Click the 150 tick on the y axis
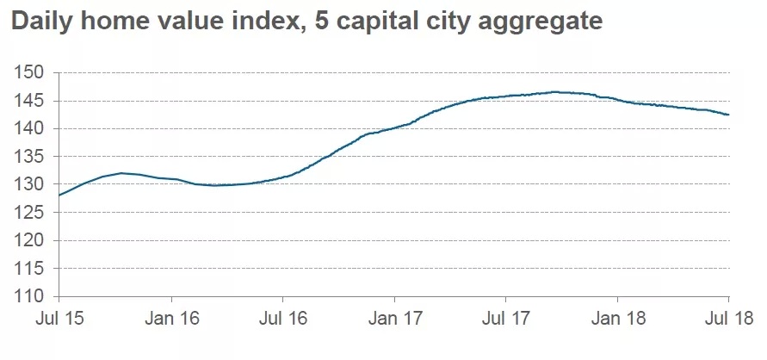coord(29,73)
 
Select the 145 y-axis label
coord(29,101)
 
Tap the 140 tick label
coord(29,129)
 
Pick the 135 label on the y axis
coord(29,157)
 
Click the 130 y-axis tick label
coord(29,184)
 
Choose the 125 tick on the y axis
coord(29,213)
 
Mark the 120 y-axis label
coord(29,240)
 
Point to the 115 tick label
coord(29,269)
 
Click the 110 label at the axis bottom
coord(29,296)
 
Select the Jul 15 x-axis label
coord(59,320)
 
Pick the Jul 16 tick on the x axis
coord(283,320)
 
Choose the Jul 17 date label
coord(506,320)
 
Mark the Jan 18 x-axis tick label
coord(618,320)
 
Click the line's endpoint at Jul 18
coord(729,115)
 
